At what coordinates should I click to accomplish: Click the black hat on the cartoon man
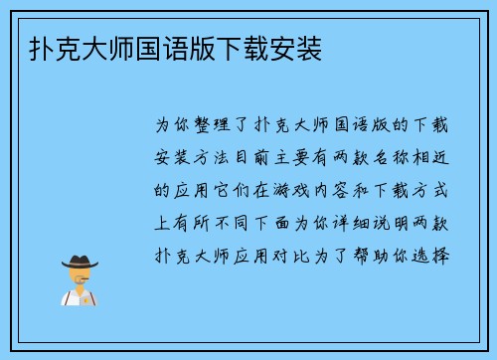point(79,262)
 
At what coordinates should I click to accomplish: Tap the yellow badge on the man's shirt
point(90,296)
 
